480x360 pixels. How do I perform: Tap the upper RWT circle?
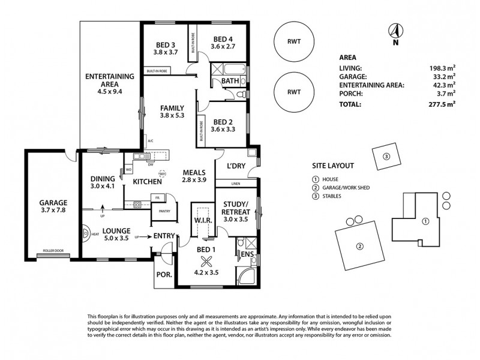[294, 43]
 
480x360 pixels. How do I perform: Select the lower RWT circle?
[294, 92]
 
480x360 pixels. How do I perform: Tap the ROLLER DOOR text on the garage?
[53, 251]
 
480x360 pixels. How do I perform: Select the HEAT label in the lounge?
[95, 235]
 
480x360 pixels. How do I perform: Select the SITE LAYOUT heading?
[332, 166]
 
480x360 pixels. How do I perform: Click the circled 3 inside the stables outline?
[386, 157]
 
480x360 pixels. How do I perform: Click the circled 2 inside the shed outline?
[359, 245]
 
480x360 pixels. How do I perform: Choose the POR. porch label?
[164, 275]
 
